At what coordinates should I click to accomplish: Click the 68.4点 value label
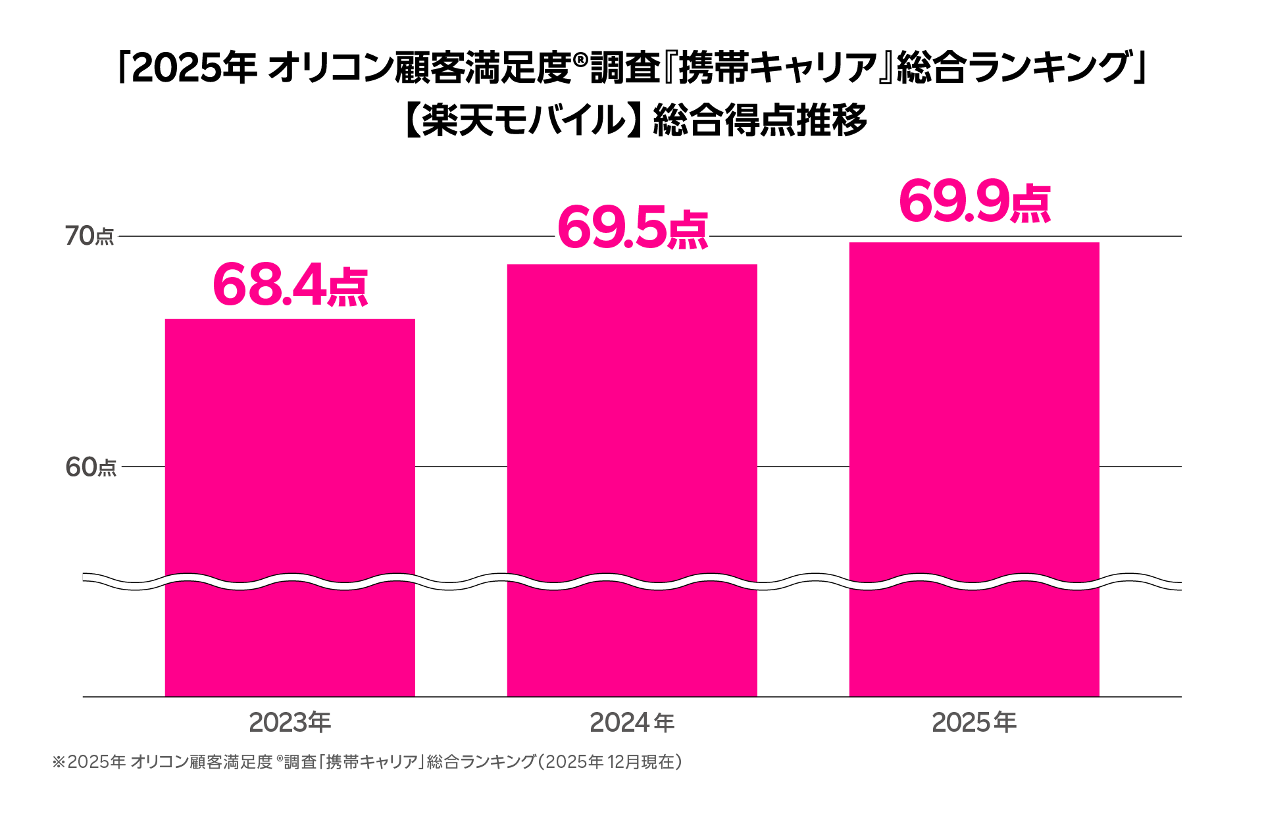[290, 284]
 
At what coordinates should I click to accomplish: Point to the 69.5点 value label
[632, 228]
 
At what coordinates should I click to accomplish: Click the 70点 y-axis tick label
[89, 236]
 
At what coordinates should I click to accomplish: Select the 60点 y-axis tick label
[90, 467]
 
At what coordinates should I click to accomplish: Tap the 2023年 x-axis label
[290, 723]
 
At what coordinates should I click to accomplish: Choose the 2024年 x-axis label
[632, 723]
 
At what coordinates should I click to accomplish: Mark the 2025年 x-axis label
[974, 723]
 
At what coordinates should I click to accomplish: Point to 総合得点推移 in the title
[760, 120]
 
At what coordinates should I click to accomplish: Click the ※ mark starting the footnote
[59, 762]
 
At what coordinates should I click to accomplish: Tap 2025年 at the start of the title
[194, 68]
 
